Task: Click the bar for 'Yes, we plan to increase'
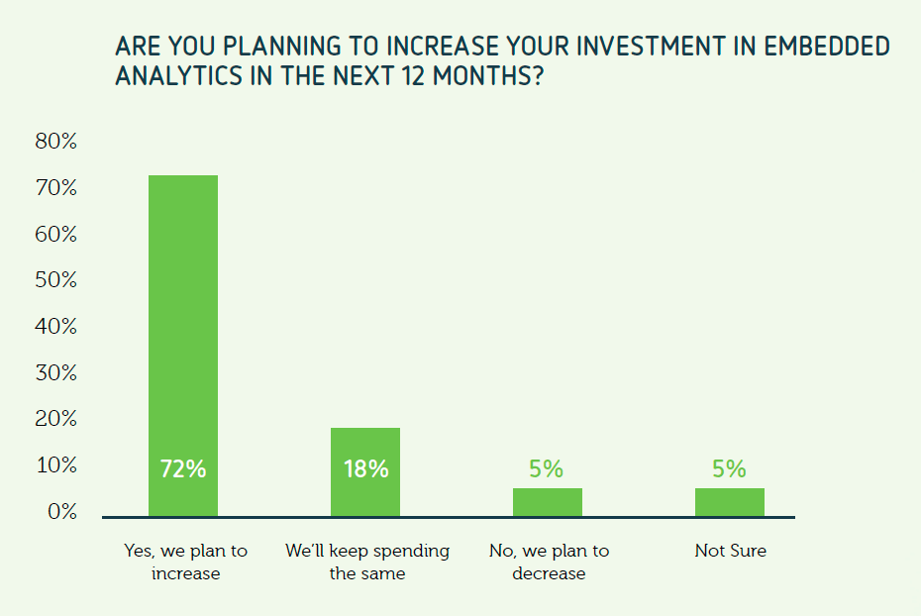coord(182,346)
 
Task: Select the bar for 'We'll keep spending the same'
coord(365,472)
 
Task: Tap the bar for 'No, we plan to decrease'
coord(548,503)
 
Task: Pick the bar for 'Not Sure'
coord(730,503)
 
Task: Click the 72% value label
coord(183,469)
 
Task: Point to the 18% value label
coord(366,469)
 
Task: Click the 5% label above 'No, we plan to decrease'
coord(547,468)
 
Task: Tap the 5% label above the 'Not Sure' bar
coord(729,468)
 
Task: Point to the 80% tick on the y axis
coord(56,141)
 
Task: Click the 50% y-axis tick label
coord(56,279)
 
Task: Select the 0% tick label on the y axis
coord(62,511)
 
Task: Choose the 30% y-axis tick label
coord(56,372)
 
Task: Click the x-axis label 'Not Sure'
coord(731,551)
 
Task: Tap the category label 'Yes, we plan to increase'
coord(185,562)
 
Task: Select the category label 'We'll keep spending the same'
coord(367,562)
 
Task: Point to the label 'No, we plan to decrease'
coord(550,562)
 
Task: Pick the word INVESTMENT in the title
coord(650,47)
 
